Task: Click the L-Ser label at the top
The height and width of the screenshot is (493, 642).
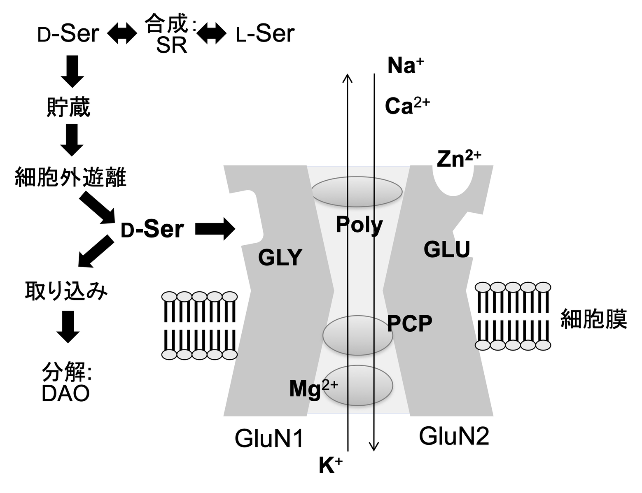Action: pyautogui.click(x=266, y=34)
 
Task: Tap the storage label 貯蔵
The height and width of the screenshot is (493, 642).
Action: pyautogui.click(x=68, y=107)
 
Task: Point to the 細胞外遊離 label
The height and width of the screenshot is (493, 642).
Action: pyautogui.click(x=70, y=177)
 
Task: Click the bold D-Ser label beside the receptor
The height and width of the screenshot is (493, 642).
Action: pyautogui.click(x=152, y=229)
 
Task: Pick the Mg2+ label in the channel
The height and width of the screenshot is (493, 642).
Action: pyautogui.click(x=313, y=388)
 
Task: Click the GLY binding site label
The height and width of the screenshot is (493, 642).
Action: pyautogui.click(x=280, y=258)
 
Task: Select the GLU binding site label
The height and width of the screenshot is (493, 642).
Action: pyautogui.click(x=447, y=249)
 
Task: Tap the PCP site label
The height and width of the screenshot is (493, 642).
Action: pyautogui.click(x=409, y=324)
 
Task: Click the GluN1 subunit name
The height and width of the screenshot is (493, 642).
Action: pyautogui.click(x=269, y=438)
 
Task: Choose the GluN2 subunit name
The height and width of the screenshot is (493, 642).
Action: pyautogui.click(x=454, y=436)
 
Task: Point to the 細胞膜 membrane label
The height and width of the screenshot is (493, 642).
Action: pyautogui.click(x=593, y=319)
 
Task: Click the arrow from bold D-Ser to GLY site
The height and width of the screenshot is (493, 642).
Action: pyautogui.click(x=215, y=228)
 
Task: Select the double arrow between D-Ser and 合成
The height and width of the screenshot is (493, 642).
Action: pyautogui.click(x=122, y=34)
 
